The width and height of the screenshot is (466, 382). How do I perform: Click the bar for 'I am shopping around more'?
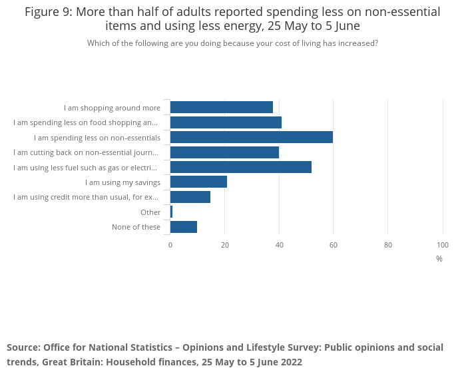tap(222, 107)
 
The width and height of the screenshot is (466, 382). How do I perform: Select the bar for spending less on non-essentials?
tap(252, 137)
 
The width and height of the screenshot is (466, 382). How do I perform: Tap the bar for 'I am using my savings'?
tap(198, 182)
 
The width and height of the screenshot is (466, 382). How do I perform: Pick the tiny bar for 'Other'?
tap(171, 212)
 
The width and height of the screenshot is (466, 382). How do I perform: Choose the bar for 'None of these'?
tap(184, 227)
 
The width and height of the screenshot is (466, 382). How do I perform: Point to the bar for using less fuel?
tap(241, 167)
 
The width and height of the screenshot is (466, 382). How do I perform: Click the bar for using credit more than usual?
tap(190, 197)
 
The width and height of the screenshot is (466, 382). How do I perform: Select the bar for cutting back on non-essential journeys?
tap(224, 152)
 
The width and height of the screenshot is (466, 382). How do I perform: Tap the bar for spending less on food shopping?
tap(226, 122)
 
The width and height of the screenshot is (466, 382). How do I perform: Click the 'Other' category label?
tap(150, 212)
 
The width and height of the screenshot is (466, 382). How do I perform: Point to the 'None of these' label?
tap(136, 227)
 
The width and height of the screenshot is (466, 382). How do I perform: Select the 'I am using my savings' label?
tap(122, 182)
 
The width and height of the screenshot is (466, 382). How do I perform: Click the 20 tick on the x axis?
tap(225, 245)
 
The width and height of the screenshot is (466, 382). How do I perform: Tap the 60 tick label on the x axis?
tap(334, 245)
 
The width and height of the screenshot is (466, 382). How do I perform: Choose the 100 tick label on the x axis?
tap(443, 245)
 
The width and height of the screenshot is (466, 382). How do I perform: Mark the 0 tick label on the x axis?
tap(170, 245)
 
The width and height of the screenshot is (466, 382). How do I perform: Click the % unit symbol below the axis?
tap(439, 259)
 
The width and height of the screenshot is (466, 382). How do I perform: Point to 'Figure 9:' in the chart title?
tap(50, 12)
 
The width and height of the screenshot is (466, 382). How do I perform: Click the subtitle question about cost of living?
tap(232, 43)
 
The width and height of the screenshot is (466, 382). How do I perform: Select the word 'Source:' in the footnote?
tap(23, 347)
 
